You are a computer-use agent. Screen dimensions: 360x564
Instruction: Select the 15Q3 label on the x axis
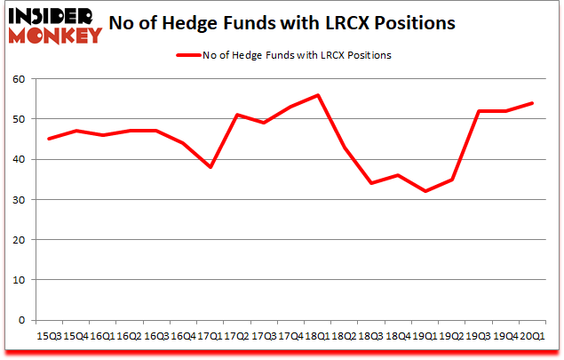[50, 337]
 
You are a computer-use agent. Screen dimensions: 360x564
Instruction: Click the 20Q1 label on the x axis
[532, 337]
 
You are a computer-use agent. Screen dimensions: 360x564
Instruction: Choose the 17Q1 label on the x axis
[210, 337]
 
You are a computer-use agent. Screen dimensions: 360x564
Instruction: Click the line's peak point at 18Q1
[317, 95]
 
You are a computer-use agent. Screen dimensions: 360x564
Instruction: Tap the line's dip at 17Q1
[210, 167]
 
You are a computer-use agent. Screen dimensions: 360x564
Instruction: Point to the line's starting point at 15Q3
[50, 139]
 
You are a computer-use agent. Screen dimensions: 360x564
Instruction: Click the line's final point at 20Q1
[532, 103]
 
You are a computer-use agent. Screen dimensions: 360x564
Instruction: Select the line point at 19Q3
[479, 111]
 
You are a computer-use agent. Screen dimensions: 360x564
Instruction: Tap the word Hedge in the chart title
[222, 23]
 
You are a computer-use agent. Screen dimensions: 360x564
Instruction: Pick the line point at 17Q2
[236, 115]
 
